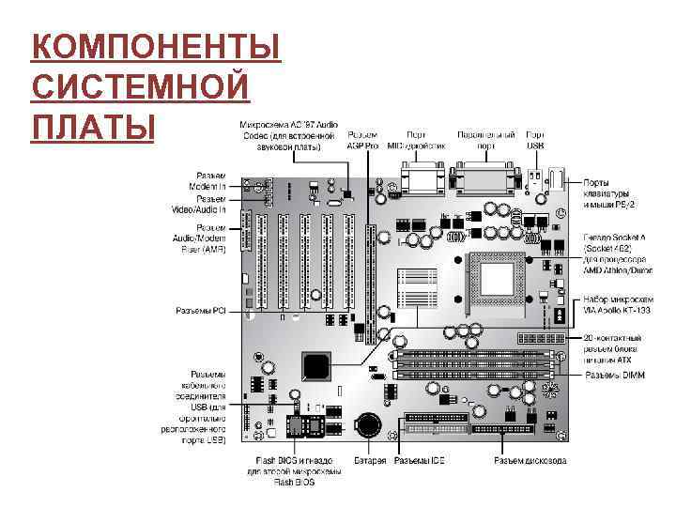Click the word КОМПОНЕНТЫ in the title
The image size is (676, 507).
tap(156, 46)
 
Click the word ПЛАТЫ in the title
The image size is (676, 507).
tap(91, 125)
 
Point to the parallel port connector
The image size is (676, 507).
tap(484, 177)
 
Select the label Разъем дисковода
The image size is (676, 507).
tap(530, 461)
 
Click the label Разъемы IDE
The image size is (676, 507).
tap(419, 461)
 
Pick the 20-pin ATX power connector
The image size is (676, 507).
tap(539, 337)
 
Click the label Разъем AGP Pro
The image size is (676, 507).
tap(362, 141)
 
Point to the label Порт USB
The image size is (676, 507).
tap(535, 141)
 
